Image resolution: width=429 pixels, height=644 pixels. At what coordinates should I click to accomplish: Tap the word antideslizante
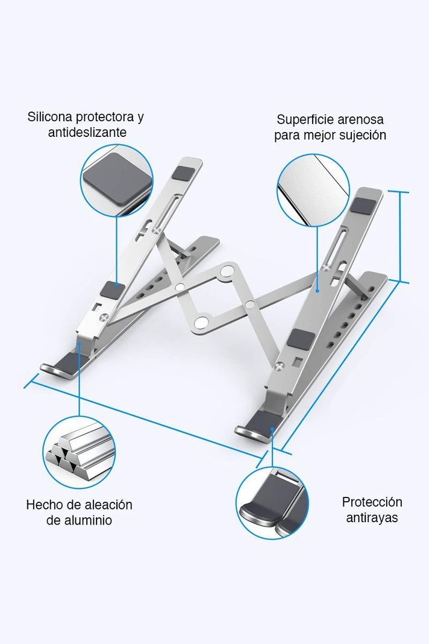pyautogui.click(x=87, y=133)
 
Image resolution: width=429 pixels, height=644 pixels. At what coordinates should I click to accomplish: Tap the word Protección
pyautogui.click(x=372, y=502)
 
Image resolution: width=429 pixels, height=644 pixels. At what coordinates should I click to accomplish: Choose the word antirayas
pyautogui.click(x=372, y=518)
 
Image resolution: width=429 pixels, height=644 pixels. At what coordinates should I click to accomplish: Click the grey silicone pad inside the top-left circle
pyautogui.click(x=117, y=178)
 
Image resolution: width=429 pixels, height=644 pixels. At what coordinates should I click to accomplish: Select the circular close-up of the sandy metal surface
pyautogui.click(x=313, y=190)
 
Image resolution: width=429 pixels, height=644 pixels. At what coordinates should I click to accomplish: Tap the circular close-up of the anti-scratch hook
pyautogui.click(x=272, y=503)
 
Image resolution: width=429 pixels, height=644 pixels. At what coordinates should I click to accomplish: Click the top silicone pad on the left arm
pyautogui.click(x=184, y=172)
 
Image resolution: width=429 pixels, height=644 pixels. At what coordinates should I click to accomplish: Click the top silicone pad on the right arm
pyautogui.click(x=363, y=206)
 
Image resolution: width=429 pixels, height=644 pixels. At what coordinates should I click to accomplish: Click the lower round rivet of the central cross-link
pyautogui.click(x=201, y=322)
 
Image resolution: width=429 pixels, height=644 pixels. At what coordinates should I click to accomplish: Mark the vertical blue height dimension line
pyautogui.click(x=400, y=236)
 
